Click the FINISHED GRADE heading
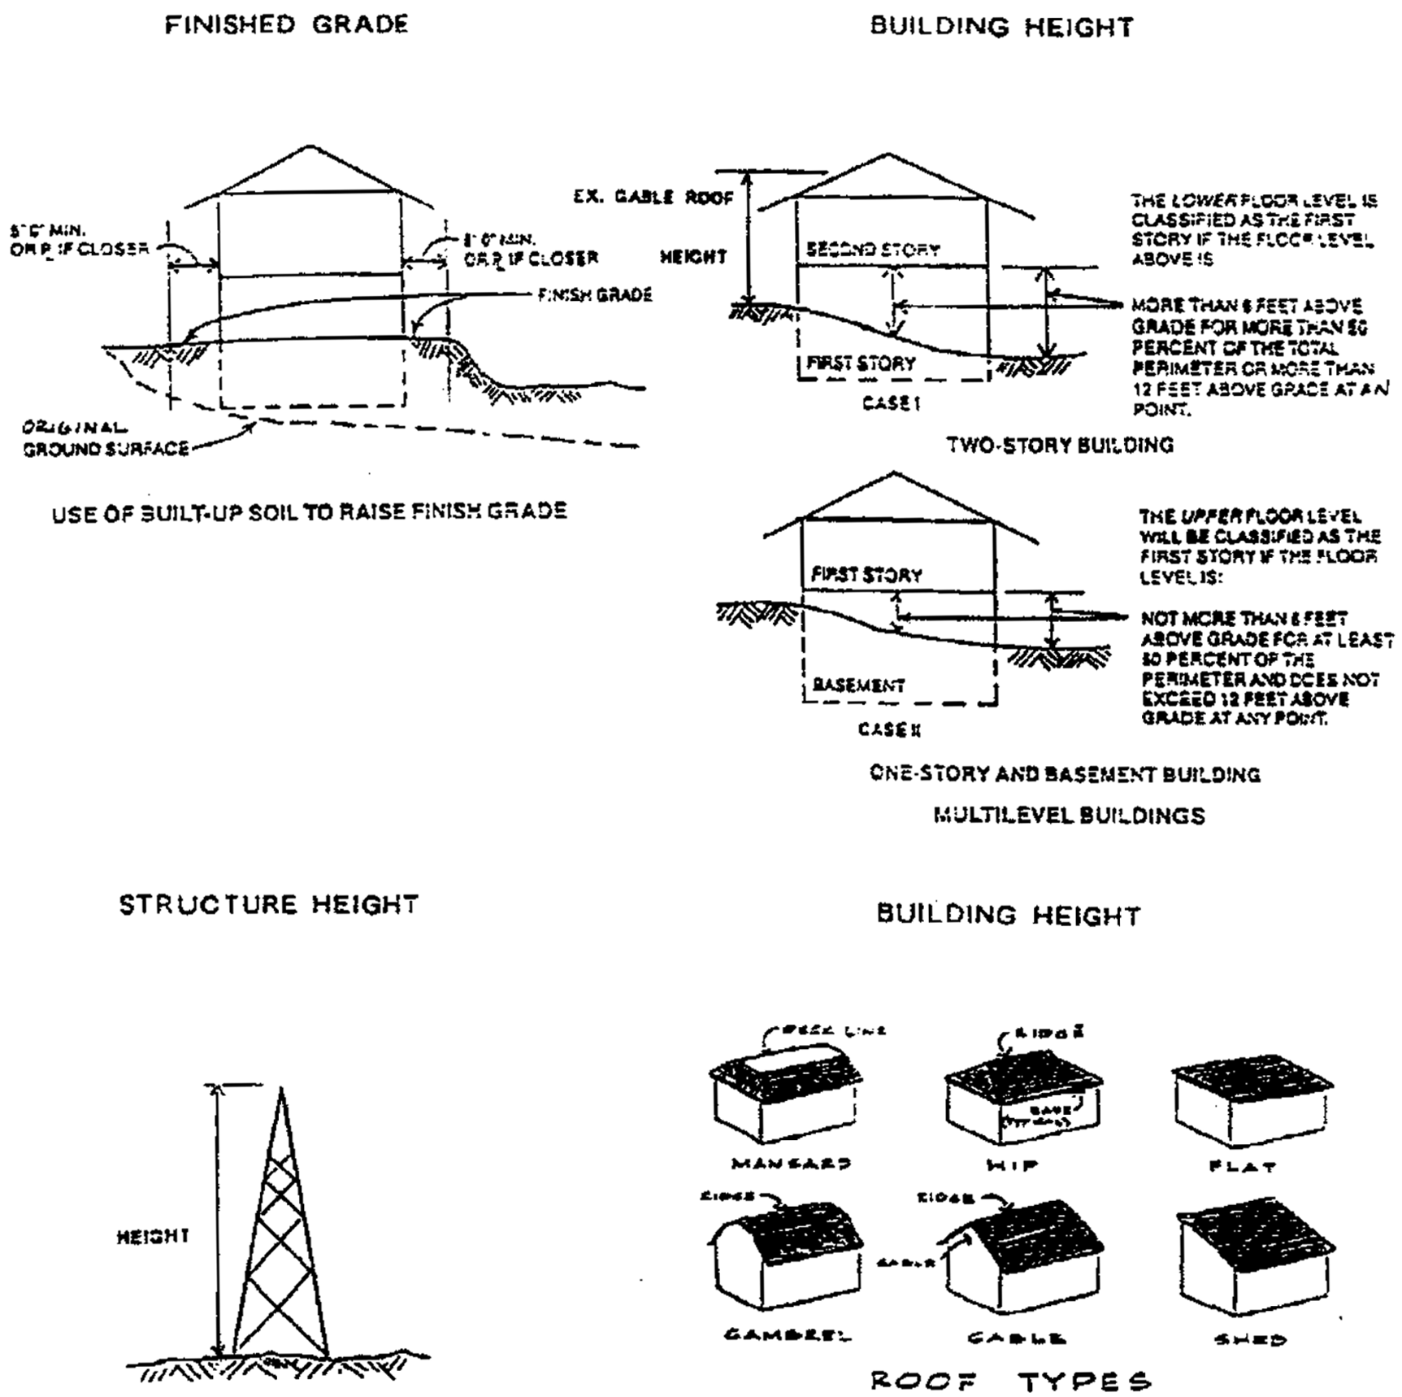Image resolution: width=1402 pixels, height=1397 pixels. (x=286, y=24)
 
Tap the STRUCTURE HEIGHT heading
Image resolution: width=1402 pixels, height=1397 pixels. (x=268, y=904)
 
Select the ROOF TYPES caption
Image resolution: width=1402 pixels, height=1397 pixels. (x=1011, y=1381)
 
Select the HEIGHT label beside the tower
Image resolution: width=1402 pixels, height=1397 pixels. (x=153, y=1237)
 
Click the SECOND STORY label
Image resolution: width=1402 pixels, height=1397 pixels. (x=872, y=250)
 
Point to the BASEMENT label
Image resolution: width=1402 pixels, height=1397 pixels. (x=858, y=685)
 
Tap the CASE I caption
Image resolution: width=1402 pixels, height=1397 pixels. (x=892, y=403)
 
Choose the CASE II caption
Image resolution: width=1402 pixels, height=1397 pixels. (x=889, y=729)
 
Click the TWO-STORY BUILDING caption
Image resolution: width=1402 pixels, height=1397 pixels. (x=1060, y=445)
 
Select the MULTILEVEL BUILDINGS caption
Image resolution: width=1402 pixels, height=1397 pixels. (x=1069, y=815)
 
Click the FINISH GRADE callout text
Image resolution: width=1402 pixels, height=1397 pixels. (x=594, y=294)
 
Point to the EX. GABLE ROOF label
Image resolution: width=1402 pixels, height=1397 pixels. (x=653, y=197)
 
